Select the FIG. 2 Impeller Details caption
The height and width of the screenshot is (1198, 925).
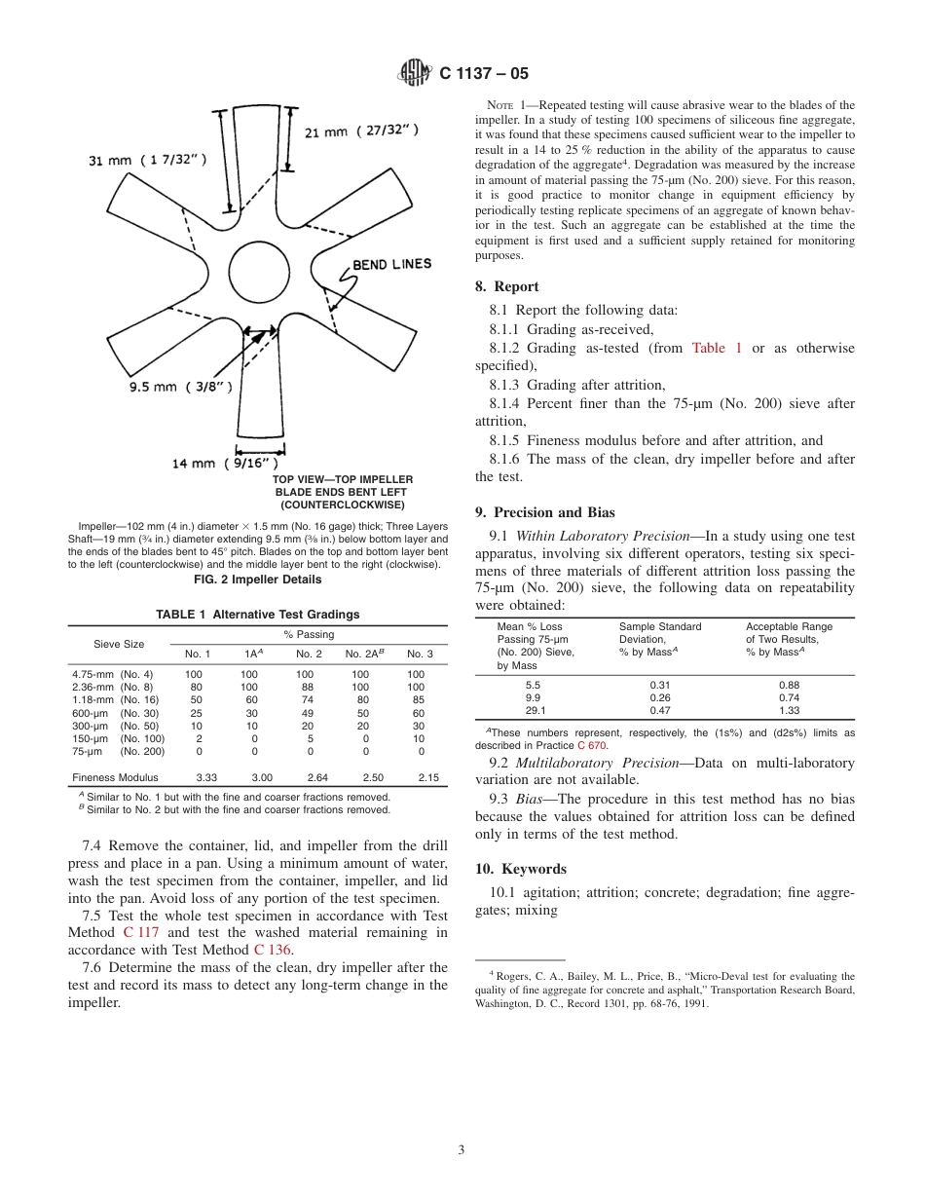(258, 580)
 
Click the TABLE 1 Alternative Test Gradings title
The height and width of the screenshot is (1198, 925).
(258, 615)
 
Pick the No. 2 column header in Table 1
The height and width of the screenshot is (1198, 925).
(309, 654)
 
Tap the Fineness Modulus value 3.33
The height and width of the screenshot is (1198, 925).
(206, 777)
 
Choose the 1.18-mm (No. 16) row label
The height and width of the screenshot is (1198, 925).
(112, 699)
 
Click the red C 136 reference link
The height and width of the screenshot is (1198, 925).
(274, 950)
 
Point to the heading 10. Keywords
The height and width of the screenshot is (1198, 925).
(520, 869)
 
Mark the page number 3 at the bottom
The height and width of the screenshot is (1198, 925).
(462, 1150)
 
